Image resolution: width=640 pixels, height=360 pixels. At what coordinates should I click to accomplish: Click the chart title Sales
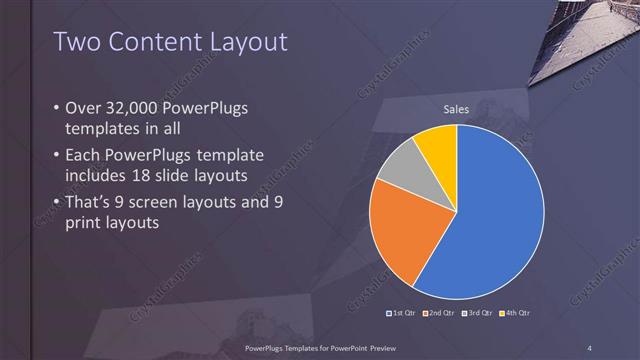click(x=456, y=109)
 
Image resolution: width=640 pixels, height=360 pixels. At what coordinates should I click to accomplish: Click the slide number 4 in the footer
click(x=590, y=347)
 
